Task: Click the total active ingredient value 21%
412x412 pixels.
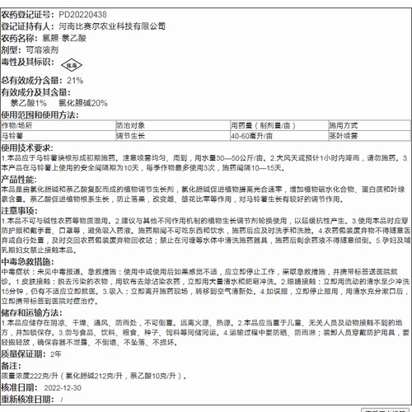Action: [x=75, y=81]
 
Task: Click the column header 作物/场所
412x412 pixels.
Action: [x=19, y=124]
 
